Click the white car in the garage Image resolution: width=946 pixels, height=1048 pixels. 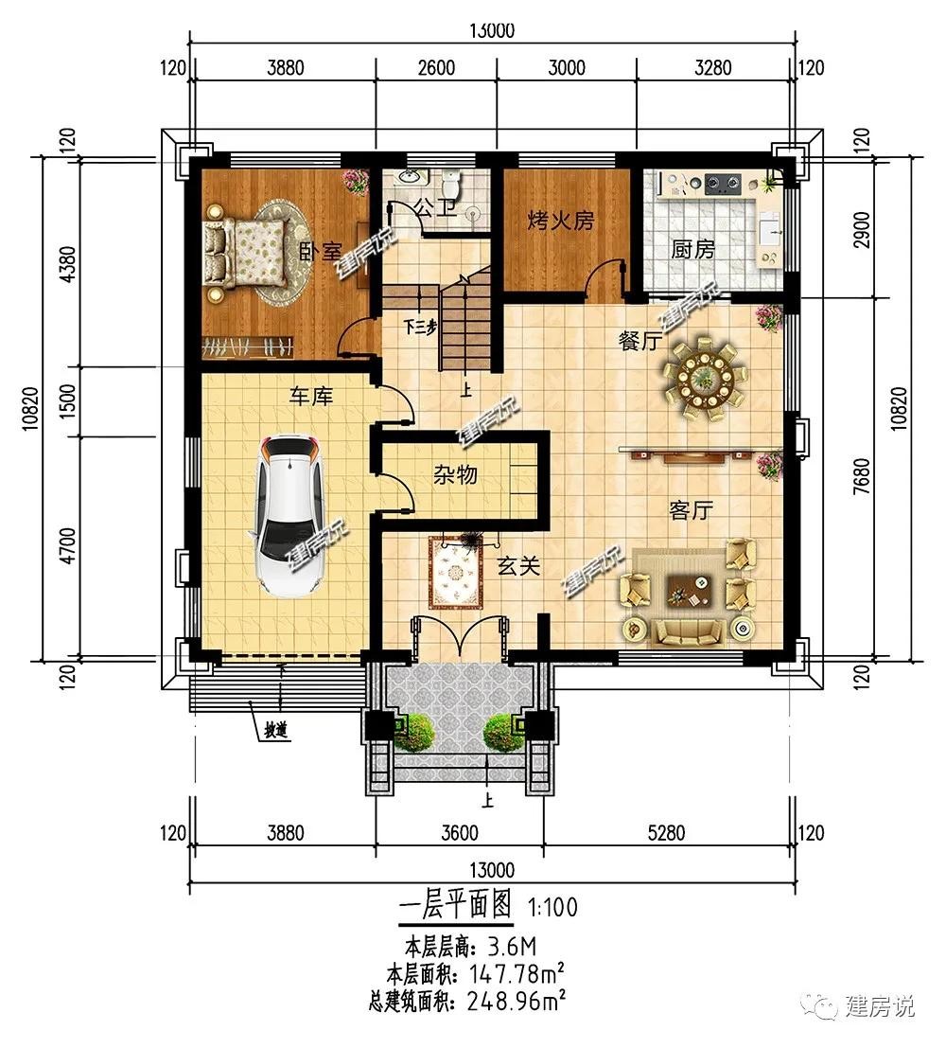(288, 515)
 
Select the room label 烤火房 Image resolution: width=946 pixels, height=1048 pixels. (561, 220)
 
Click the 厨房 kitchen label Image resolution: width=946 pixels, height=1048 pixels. (692, 249)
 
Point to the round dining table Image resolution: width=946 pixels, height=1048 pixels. (704, 379)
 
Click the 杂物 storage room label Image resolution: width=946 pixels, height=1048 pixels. (455, 474)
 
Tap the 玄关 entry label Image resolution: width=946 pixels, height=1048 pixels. (518, 566)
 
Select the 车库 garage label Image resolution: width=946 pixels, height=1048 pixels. (310, 396)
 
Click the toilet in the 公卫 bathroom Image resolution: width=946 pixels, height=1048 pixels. (452, 181)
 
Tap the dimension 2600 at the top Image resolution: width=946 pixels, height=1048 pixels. (436, 67)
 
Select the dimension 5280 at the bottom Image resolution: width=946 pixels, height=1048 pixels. (667, 833)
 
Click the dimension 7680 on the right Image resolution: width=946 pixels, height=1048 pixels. (862, 476)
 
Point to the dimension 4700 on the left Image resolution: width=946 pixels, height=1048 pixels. (68, 546)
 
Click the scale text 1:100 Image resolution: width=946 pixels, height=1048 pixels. (552, 908)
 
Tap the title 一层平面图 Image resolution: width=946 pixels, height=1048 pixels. (455, 905)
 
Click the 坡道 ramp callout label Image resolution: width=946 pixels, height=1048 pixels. (276, 731)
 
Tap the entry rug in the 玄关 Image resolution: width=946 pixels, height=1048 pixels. (456, 573)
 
